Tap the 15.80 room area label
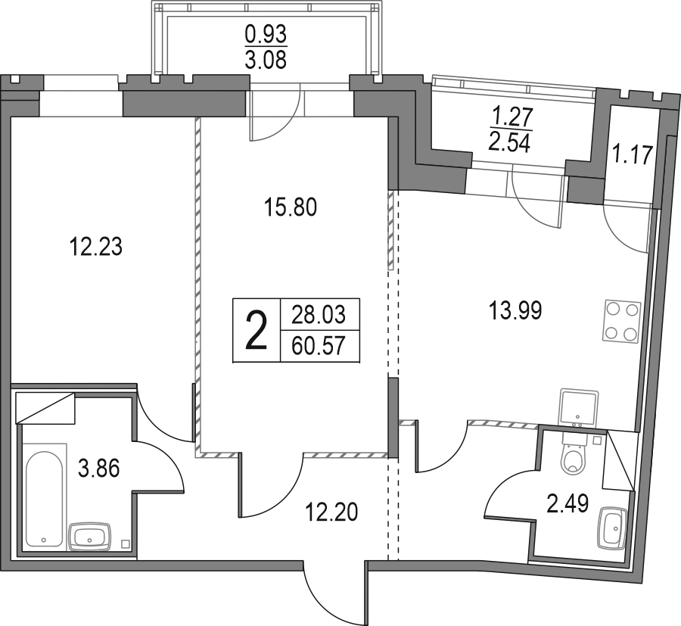[x=291, y=207]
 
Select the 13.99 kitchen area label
[x=515, y=311]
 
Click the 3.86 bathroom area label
[x=98, y=469]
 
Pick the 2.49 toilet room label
[x=567, y=504]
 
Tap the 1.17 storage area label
[x=633, y=155]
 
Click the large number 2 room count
[x=257, y=330]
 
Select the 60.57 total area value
[x=319, y=346]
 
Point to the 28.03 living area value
[x=319, y=315]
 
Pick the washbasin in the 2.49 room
[x=611, y=527]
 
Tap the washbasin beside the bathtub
[x=90, y=537]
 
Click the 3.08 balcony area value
[x=266, y=61]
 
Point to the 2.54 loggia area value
[x=509, y=143]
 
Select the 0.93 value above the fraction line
[x=266, y=33]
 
